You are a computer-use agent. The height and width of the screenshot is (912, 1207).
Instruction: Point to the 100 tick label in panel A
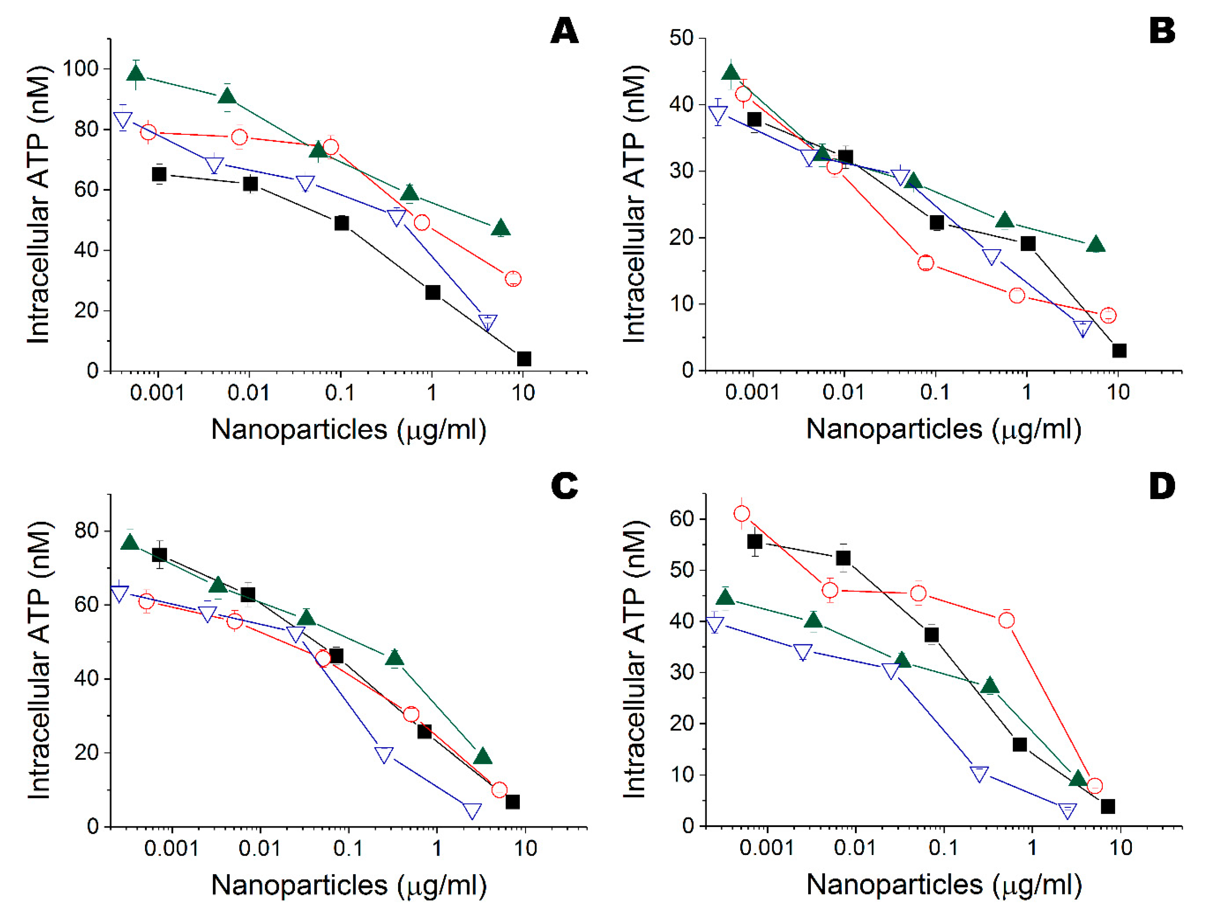point(80,69)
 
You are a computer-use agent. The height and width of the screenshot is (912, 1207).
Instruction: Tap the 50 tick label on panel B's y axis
point(680,38)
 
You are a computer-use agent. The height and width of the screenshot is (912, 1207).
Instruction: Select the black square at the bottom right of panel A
point(523,359)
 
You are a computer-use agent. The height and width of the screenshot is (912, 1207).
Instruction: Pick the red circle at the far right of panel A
point(513,279)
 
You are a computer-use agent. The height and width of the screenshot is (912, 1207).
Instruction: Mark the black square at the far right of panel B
point(1119,350)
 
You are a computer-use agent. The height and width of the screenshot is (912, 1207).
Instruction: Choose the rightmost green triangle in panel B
point(1096,245)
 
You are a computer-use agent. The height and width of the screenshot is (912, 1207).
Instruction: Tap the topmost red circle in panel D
point(742,514)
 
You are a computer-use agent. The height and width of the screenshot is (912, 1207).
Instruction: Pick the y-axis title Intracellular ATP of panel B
point(634,205)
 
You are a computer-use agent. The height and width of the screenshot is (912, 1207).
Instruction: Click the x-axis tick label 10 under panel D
point(1120,848)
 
